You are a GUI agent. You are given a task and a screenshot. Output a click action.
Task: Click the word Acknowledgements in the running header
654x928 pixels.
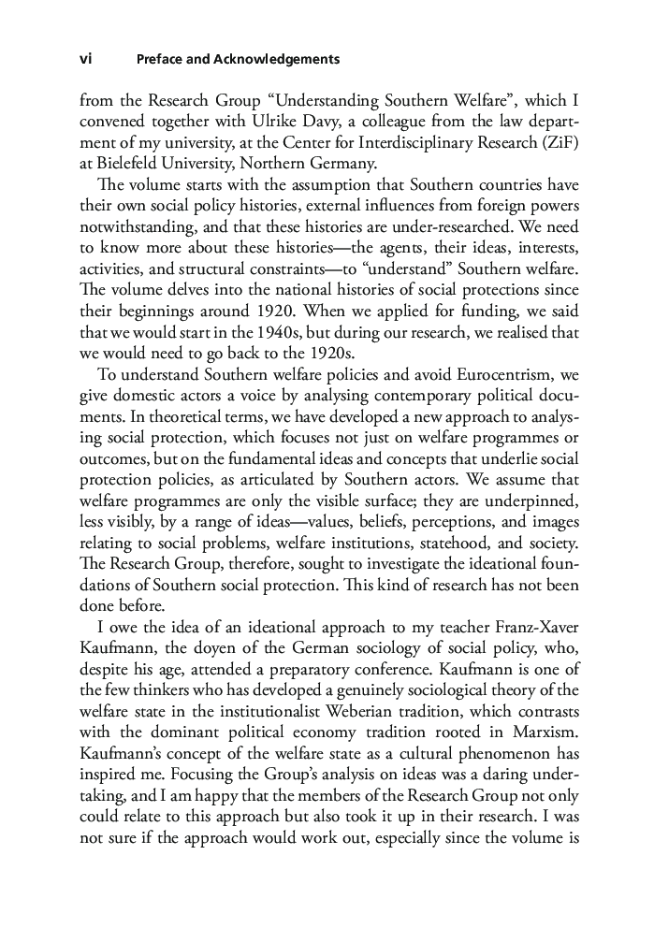pyautogui.click(x=278, y=59)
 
